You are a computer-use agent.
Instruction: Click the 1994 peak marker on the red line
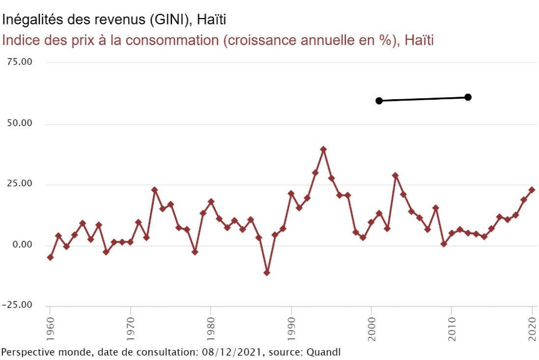pos(323,149)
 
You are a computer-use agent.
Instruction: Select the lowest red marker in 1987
pos(267,273)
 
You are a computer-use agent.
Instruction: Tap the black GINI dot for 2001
pos(379,101)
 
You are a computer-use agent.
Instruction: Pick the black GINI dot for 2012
pos(468,97)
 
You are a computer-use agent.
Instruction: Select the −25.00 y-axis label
pos(18,305)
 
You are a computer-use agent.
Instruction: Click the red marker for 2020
pos(532,190)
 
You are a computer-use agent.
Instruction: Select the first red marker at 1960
pos(50,257)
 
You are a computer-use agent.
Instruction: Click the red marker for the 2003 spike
pos(395,175)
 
